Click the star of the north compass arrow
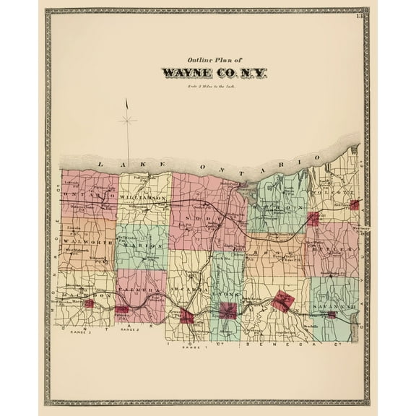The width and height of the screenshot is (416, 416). coord(127,121)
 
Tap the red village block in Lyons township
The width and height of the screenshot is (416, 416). coord(228,311)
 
